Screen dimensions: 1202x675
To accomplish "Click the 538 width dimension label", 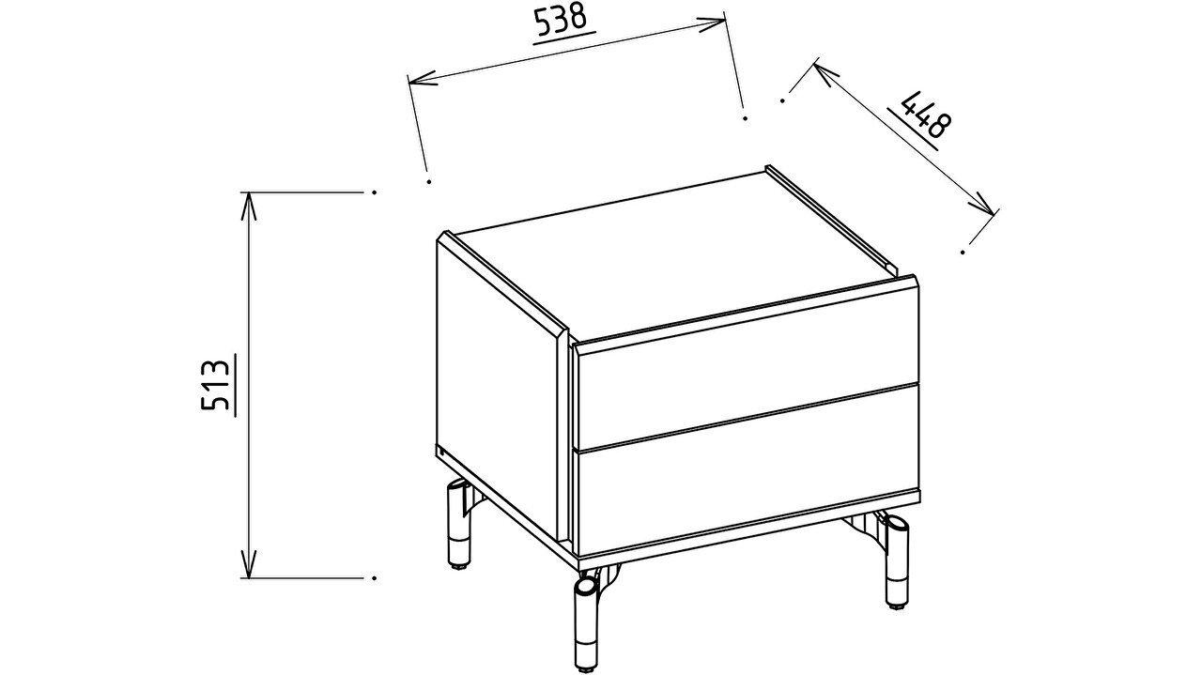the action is pyautogui.click(x=561, y=20).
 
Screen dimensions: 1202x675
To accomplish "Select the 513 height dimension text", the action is pyautogui.click(x=215, y=385).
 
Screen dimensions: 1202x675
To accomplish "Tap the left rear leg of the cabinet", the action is pyautogui.click(x=457, y=525).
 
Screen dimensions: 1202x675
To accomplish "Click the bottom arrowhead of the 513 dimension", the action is pyautogui.click(x=248, y=564).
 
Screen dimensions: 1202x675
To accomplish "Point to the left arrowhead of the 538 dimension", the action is pyautogui.click(x=422, y=81).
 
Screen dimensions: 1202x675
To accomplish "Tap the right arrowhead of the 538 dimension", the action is pyautogui.click(x=712, y=23).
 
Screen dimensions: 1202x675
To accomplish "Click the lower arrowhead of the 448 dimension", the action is pyautogui.click(x=982, y=204).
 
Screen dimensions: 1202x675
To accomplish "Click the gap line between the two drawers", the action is pyautogui.click(x=747, y=417).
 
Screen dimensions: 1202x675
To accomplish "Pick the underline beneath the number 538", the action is pyautogui.click(x=564, y=38).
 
